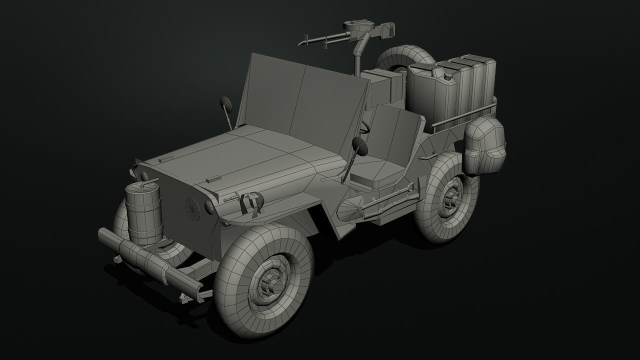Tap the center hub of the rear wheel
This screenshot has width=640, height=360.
[451, 196]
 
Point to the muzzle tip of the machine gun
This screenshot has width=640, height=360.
[300, 44]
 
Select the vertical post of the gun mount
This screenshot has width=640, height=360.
[357, 60]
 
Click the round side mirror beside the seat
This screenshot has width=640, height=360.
[360, 146]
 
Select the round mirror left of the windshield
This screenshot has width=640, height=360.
[225, 103]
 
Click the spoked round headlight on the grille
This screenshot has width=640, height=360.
[192, 208]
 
